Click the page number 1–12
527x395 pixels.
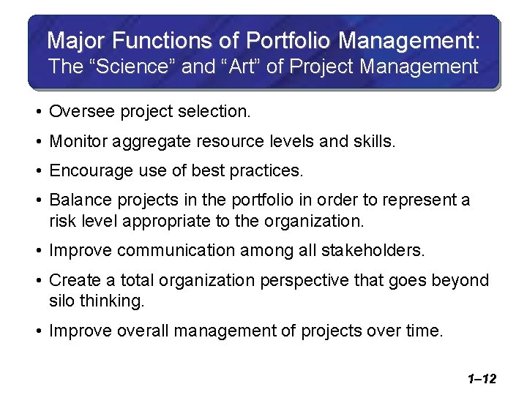[481, 379]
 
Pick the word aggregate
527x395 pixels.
[146, 141]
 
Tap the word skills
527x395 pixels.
[373, 141]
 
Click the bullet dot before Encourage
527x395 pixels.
[39, 170]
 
